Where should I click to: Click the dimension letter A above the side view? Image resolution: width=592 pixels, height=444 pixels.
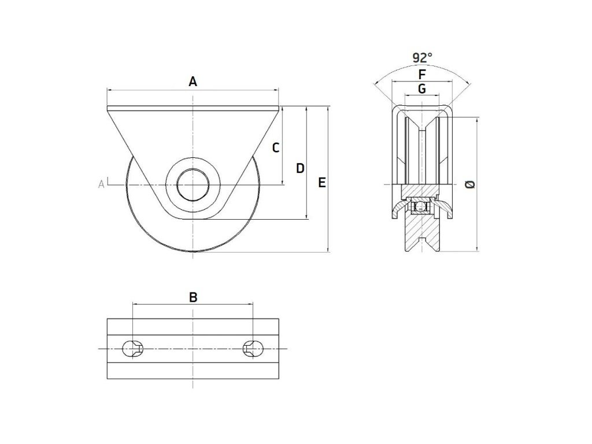tap(193, 82)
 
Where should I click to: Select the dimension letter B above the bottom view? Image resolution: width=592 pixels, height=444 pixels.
tap(194, 297)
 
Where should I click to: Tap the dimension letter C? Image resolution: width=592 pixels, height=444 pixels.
tap(276, 147)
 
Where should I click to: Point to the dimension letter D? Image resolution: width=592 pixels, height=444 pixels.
tap(300, 168)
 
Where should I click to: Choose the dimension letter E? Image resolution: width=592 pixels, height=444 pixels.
tap(322, 183)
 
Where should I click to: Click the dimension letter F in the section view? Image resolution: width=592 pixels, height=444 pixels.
tap(422, 75)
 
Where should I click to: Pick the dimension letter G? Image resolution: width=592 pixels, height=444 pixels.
tap(422, 88)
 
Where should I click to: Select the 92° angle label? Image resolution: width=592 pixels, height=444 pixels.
tap(423, 58)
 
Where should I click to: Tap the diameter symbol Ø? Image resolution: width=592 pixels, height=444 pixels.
tap(470, 184)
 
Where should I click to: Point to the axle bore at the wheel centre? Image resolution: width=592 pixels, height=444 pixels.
tap(193, 184)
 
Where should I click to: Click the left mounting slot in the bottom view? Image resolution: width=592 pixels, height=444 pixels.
tap(134, 349)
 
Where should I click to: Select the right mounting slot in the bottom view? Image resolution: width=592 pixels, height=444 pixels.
tap(253, 349)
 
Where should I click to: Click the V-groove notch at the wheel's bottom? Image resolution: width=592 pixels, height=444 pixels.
tap(422, 243)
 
